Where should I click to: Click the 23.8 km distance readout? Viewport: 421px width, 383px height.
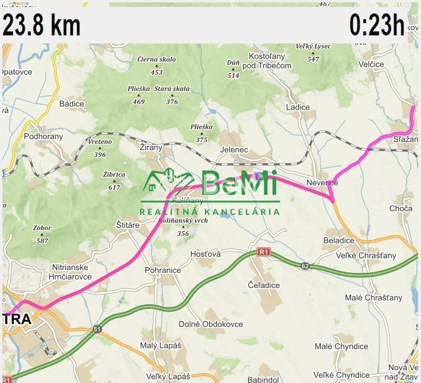[x=42, y=25]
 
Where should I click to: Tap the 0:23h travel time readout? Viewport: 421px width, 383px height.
[x=376, y=25]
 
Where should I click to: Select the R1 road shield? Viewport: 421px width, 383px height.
[x=264, y=251]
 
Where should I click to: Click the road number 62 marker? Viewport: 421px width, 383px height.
[x=305, y=266]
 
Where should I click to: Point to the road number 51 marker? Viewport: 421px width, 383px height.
[x=95, y=329]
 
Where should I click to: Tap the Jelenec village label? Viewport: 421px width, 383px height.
[x=234, y=150]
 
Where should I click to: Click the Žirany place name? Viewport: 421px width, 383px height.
[x=152, y=148]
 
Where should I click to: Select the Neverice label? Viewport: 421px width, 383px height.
[x=338, y=183]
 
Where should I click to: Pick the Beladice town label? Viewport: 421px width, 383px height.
[x=339, y=240]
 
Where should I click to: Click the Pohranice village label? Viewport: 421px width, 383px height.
[x=163, y=270]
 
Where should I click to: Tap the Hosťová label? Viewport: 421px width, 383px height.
[x=206, y=254]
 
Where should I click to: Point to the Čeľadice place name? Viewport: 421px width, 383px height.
[x=263, y=285]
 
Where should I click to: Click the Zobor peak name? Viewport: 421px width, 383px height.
[x=42, y=228]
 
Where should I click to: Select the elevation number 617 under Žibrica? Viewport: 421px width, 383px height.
[x=114, y=187]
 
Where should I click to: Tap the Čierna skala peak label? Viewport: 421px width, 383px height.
[x=156, y=59]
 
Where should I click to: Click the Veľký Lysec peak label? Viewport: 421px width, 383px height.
[x=313, y=46]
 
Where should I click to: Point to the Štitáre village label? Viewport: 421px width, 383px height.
[x=128, y=225]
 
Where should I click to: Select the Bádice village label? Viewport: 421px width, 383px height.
[x=72, y=104]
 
